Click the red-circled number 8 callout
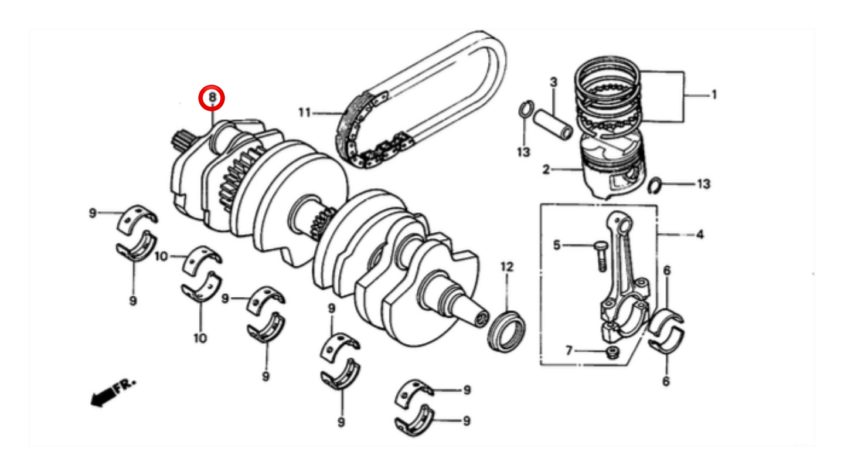tap(212, 97)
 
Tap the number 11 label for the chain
tap(305, 113)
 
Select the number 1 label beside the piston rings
tap(714, 94)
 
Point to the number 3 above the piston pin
tap(553, 82)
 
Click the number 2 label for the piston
tap(546, 169)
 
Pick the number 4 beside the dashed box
tap(700, 235)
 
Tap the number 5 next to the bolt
tap(557, 245)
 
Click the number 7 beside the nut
tap(569, 351)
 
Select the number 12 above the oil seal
tap(507, 267)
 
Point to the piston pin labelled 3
tap(553, 124)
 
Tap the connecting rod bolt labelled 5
tap(601, 256)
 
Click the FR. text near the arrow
tap(125, 386)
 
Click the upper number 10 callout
tap(161, 256)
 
